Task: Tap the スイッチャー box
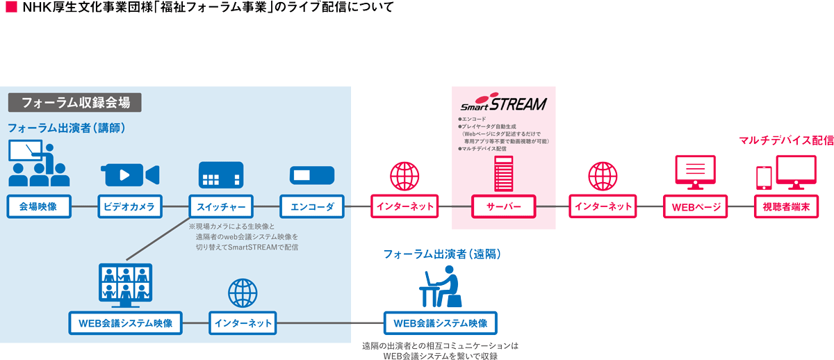pos(222,206)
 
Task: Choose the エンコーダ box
pos(311,206)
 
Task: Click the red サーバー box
pos(503,206)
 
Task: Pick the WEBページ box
pos(696,206)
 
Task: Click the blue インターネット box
pos(243,323)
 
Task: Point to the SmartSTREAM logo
pos(504,104)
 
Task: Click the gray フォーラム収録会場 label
pos(75,102)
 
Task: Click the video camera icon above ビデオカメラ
pos(130,175)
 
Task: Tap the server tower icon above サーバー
pos(503,174)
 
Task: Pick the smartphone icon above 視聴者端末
pos(764,177)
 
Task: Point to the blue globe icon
pos(243,293)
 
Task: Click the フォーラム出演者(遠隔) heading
pos(442,254)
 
